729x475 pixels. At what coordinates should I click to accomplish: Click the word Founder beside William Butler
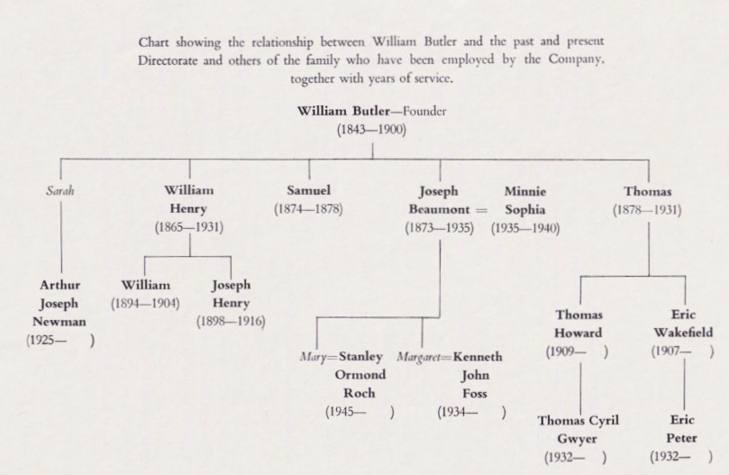pyautogui.click(x=424, y=111)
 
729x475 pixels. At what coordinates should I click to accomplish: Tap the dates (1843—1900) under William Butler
pyautogui.click(x=371, y=129)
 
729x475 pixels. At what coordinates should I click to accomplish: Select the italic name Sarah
pyautogui.click(x=60, y=191)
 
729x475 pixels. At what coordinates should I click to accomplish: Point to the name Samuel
pyautogui.click(x=309, y=190)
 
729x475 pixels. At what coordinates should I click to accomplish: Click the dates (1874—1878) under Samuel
pyautogui.click(x=308, y=209)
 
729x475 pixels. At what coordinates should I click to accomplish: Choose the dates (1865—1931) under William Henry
pyautogui.click(x=189, y=227)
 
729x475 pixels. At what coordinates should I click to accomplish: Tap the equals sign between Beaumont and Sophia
pyautogui.click(x=481, y=210)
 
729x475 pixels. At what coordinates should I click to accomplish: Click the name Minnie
pyautogui.click(x=525, y=191)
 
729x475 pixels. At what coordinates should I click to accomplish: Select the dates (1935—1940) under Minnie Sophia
pyautogui.click(x=525, y=228)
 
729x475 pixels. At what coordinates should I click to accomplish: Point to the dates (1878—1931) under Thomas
pyautogui.click(x=647, y=210)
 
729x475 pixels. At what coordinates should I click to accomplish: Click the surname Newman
pyautogui.click(x=59, y=322)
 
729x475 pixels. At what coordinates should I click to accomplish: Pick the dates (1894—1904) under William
pyautogui.click(x=145, y=304)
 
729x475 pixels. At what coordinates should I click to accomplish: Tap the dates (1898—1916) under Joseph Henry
pyautogui.click(x=231, y=322)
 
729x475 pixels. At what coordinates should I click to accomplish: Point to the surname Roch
pyautogui.click(x=359, y=393)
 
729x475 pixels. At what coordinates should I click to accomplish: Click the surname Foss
pyautogui.click(x=475, y=394)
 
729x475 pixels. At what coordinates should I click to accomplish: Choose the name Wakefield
pyautogui.click(x=683, y=333)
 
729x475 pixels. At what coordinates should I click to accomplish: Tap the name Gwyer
pyautogui.click(x=577, y=439)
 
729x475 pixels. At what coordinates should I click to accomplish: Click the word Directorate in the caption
pyautogui.click(x=168, y=60)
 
